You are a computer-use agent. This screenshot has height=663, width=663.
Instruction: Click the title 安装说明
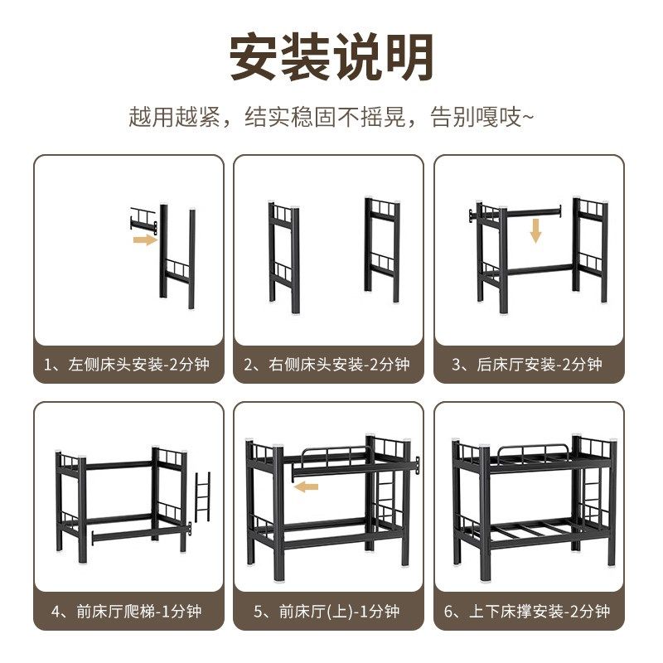(x=331, y=56)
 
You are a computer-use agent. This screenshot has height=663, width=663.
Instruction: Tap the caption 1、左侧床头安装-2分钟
(x=128, y=364)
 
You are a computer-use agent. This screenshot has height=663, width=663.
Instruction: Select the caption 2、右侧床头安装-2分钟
(x=328, y=364)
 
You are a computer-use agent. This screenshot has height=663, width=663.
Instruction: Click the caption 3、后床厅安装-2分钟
(x=528, y=364)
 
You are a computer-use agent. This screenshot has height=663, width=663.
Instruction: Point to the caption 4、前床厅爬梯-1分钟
(x=128, y=612)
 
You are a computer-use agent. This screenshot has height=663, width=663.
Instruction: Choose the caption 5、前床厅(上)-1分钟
(x=328, y=612)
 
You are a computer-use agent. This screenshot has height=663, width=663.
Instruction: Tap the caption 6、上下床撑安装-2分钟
(x=528, y=612)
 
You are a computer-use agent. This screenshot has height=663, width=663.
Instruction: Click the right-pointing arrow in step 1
(x=145, y=240)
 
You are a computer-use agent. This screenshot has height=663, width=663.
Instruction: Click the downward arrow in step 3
(x=535, y=230)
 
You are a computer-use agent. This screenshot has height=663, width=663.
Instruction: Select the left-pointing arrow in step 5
(x=307, y=486)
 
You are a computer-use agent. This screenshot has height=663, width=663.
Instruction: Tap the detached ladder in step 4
(x=202, y=496)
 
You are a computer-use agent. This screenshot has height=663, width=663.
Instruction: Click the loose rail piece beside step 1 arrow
(x=143, y=220)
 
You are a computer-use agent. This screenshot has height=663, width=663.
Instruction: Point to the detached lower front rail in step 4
(x=141, y=532)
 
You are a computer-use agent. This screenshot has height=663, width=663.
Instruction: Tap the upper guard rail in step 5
(x=336, y=455)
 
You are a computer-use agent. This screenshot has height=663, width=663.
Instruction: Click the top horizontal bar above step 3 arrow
(x=530, y=211)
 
